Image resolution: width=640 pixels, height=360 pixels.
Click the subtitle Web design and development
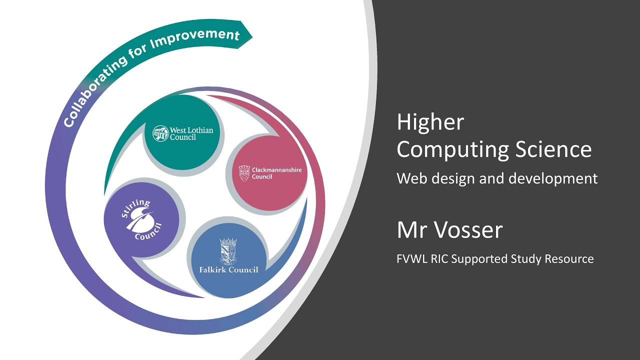click(497, 178)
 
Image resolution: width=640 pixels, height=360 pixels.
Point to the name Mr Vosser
click(449, 230)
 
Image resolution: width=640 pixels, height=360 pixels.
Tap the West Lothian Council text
click(191, 133)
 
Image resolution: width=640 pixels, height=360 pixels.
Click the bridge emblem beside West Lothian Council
click(160, 133)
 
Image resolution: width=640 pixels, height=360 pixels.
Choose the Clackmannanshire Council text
click(276, 173)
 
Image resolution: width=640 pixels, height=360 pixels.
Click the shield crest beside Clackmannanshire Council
click(244, 173)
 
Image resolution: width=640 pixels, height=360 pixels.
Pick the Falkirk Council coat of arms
click(228, 250)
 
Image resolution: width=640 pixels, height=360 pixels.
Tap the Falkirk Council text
click(228, 270)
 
